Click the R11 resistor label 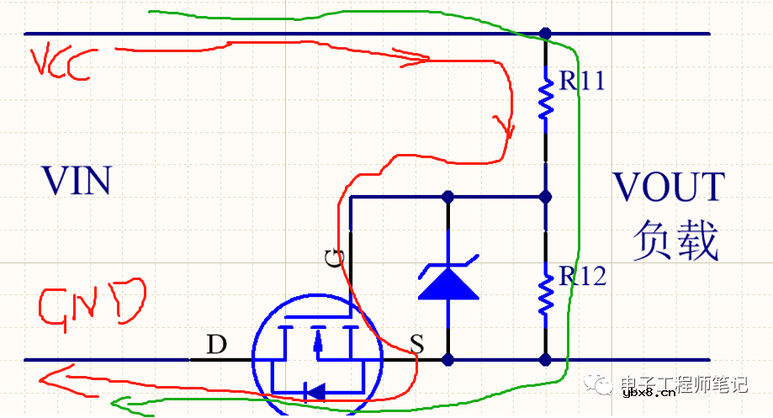pos(581,82)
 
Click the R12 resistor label pos(581,276)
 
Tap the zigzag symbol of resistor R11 pos(546,99)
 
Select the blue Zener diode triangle pos(447,283)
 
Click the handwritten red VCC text pos(59,63)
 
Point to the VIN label pos(77,182)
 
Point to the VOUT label pos(668,186)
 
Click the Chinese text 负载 pos(676,241)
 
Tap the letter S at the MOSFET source pos(416,343)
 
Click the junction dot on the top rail pos(546,34)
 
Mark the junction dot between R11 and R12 pos(546,198)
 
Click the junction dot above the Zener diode pos(447,198)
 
